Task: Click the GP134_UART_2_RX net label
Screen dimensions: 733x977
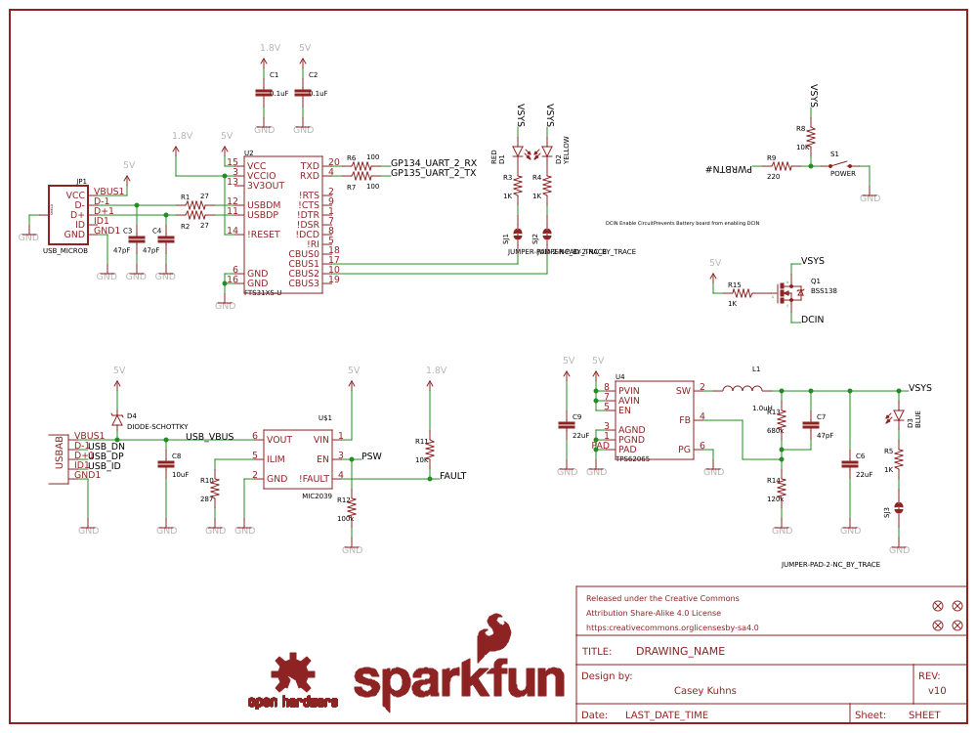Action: pyautogui.click(x=433, y=163)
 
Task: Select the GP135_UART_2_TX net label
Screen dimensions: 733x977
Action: pyautogui.click(x=433, y=173)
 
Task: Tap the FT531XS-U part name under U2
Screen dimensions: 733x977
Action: pyautogui.click(x=263, y=292)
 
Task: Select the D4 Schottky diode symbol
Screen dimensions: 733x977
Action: pyautogui.click(x=117, y=419)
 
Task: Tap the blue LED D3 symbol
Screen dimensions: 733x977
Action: pyautogui.click(x=899, y=416)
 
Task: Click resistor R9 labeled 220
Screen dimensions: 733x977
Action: pyautogui.click(x=781, y=166)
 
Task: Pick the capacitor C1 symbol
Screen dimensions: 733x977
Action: pyautogui.click(x=263, y=92)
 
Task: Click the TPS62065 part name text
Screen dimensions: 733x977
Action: pyautogui.click(x=632, y=458)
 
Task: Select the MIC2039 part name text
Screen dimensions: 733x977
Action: pyautogui.click(x=317, y=496)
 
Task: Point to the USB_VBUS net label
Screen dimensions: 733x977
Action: pyautogui.click(x=209, y=436)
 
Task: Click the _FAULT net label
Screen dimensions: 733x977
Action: pyautogui.click(x=451, y=476)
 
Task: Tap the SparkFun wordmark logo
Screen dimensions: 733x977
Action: pyautogui.click(x=459, y=674)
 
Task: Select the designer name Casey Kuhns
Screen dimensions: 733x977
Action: pyautogui.click(x=704, y=690)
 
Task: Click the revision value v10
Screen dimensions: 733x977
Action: pyautogui.click(x=936, y=690)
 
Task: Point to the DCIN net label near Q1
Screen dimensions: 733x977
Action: pyautogui.click(x=812, y=320)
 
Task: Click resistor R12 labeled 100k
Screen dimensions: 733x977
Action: pyautogui.click(x=352, y=507)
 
